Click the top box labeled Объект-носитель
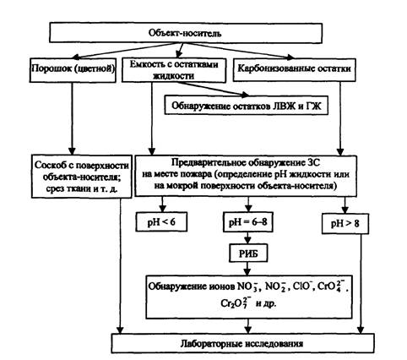pyautogui.click(x=186, y=33)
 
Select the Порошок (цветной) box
pyautogui.click(x=73, y=70)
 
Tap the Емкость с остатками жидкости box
pyautogui.click(x=174, y=70)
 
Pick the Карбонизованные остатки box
pyautogui.click(x=294, y=69)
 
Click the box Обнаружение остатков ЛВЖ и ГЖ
pyautogui.click(x=247, y=105)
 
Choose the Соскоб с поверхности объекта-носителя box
pyautogui.click(x=82, y=176)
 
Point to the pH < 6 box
pyautogui.click(x=161, y=221)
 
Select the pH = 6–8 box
pyautogui.click(x=248, y=222)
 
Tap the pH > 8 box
pyautogui.click(x=345, y=223)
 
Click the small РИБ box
pyautogui.click(x=248, y=254)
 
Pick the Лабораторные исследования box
pyautogui.click(x=243, y=343)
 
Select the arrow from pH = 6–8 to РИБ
pyautogui.click(x=247, y=238)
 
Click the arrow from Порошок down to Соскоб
pyautogui.click(x=72, y=118)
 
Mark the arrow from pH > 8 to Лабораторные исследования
pyautogui.click(x=361, y=284)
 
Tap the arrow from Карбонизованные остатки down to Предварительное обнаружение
pyautogui.click(x=340, y=118)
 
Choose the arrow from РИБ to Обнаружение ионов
pyautogui.click(x=247, y=269)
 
